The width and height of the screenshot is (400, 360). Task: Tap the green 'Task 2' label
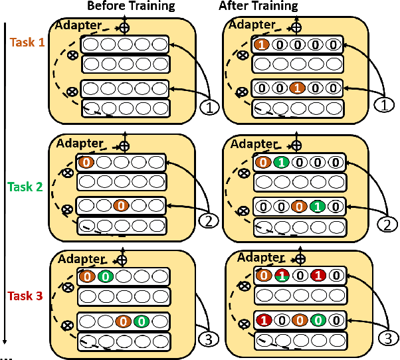click(26, 187)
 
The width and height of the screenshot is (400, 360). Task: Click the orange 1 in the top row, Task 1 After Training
click(262, 46)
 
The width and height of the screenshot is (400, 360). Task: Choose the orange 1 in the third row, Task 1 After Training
click(299, 88)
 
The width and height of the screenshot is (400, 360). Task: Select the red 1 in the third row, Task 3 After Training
click(262, 319)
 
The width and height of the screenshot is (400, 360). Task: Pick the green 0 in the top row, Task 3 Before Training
click(104, 276)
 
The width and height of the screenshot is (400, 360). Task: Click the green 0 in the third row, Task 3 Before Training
click(141, 321)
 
